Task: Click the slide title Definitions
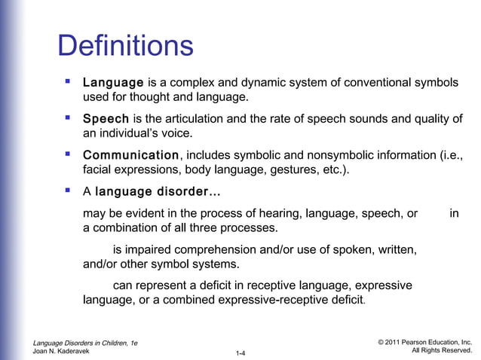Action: pos(126,47)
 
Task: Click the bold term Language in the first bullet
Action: pos(113,81)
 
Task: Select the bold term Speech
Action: pos(106,118)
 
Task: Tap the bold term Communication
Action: pos(131,155)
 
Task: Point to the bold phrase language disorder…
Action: pos(158,192)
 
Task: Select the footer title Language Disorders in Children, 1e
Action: pos(85,343)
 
